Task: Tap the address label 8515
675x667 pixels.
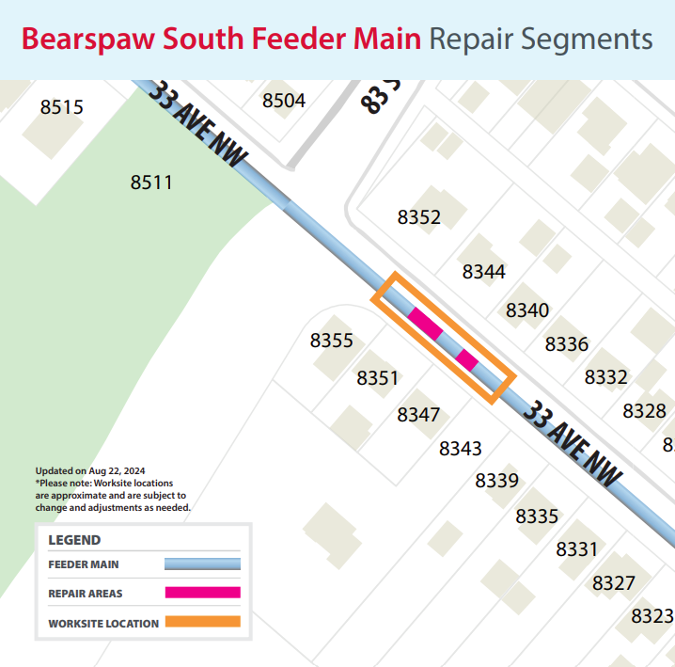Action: (62, 107)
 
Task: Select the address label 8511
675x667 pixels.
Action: (151, 183)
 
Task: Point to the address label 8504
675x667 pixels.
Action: (284, 101)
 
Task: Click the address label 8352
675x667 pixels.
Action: (419, 218)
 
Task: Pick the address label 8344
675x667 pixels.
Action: (484, 272)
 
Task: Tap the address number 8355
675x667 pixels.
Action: (332, 341)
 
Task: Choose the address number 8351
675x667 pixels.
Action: (378, 378)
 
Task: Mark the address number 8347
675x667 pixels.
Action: (418, 415)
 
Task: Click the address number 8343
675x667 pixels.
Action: (461, 449)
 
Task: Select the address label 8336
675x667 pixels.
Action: (567, 344)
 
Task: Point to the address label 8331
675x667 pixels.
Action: (577, 549)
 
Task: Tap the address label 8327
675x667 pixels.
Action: (614, 583)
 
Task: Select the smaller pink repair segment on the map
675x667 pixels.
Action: (467, 358)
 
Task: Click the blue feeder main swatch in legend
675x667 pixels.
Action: (202, 564)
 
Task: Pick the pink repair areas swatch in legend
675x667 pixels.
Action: (202, 593)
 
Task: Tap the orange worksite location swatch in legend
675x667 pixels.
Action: (202, 622)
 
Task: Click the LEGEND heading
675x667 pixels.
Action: (74, 540)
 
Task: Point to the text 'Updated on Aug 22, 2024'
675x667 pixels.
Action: (90, 470)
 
